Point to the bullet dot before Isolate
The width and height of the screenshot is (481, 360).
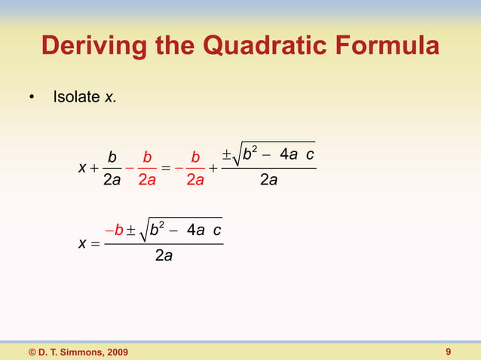31,99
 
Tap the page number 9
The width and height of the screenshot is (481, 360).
449,352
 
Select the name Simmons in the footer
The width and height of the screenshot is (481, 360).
77,352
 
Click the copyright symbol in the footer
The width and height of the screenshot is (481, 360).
33,352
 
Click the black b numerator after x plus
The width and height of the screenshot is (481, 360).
112,157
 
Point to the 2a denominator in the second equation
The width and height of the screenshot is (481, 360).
163,257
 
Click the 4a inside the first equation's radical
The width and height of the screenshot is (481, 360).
289,155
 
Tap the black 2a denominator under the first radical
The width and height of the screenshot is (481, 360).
268,182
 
